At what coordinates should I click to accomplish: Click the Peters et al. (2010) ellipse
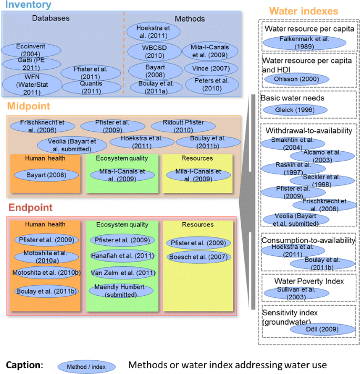[x=208, y=84]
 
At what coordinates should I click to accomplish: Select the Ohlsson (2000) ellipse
[x=298, y=79]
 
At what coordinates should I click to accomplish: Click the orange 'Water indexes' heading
[x=304, y=11]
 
